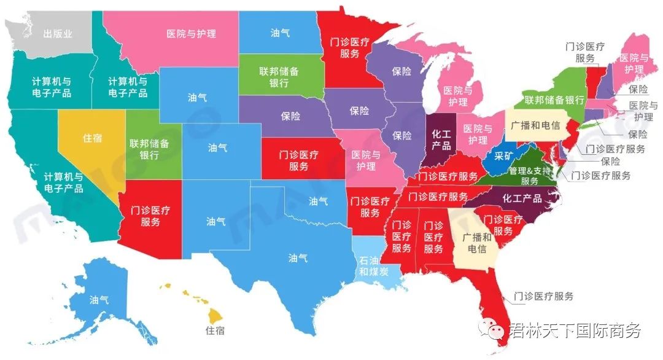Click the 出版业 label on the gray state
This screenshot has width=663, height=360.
(x=58, y=34)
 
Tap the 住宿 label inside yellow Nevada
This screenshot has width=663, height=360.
(x=92, y=138)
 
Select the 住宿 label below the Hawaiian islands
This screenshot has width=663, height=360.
(x=214, y=331)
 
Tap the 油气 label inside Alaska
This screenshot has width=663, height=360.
(x=99, y=300)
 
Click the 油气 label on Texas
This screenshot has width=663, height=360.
(x=298, y=258)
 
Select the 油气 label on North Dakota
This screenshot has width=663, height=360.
(x=280, y=33)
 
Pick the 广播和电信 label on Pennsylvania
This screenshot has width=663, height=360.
(x=535, y=125)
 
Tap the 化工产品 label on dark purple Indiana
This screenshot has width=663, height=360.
(x=441, y=139)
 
